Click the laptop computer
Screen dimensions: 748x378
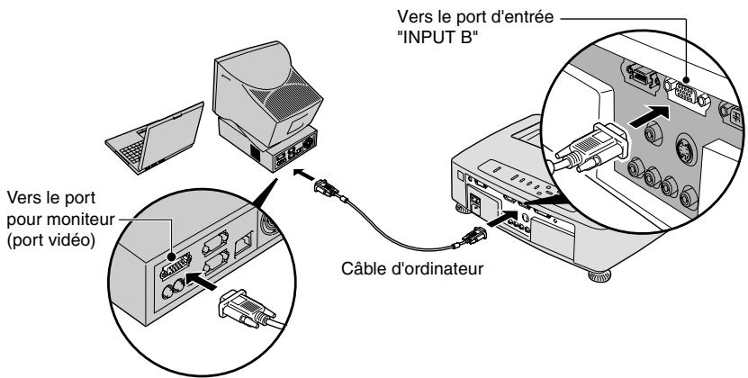[154, 139]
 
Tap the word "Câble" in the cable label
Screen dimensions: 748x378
[362, 268]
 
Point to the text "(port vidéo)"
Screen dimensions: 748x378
[51, 240]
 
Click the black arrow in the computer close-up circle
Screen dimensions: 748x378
[202, 280]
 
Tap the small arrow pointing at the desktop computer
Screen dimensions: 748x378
[303, 175]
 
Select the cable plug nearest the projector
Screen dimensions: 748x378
[473, 236]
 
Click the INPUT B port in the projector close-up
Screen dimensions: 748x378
[686, 94]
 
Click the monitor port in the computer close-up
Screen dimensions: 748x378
[176, 265]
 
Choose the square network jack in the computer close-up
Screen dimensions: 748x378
[244, 243]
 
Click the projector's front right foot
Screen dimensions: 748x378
[599, 275]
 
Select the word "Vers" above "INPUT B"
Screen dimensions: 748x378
[413, 17]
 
